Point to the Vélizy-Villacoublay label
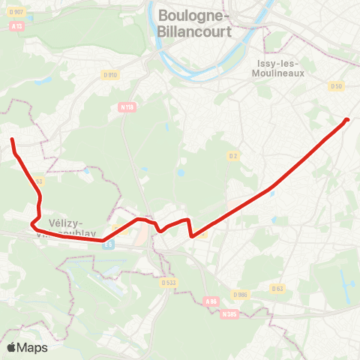73,227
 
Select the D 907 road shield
18,11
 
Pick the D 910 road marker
111,74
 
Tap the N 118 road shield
127,107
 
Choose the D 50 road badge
336,86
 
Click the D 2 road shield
233,155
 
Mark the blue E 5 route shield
109,244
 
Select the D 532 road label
167,283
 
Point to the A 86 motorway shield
211,301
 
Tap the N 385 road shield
229,313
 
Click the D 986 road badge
240,295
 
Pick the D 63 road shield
277,288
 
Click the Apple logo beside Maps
11,347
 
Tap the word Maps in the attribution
32,347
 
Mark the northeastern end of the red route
347,119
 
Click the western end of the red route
11,139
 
